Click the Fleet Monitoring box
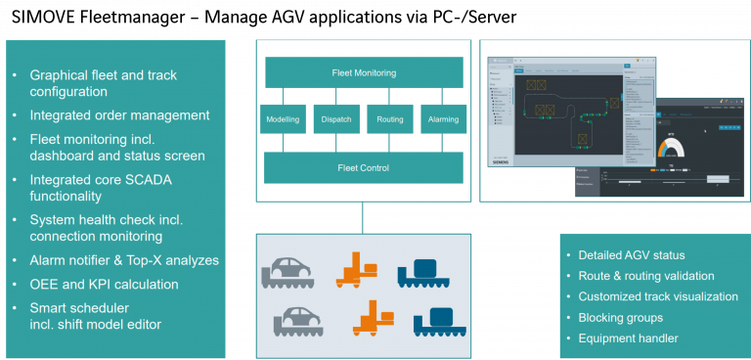363,72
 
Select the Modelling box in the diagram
283,120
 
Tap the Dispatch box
336,120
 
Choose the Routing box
389,120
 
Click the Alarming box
442,120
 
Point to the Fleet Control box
363,167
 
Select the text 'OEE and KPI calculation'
105,285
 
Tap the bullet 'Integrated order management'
119,115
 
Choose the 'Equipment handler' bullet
629,338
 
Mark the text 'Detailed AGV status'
632,255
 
